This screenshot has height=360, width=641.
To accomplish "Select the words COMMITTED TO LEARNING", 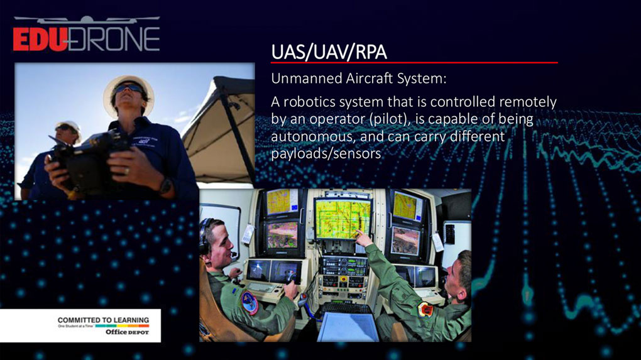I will coord(103,320).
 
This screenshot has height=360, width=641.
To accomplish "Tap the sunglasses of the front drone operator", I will coord(129,88).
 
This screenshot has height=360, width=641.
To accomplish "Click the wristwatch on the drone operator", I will coord(165,185).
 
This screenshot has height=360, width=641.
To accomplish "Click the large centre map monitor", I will coord(342,217).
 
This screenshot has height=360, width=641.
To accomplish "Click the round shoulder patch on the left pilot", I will coord(249,302).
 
